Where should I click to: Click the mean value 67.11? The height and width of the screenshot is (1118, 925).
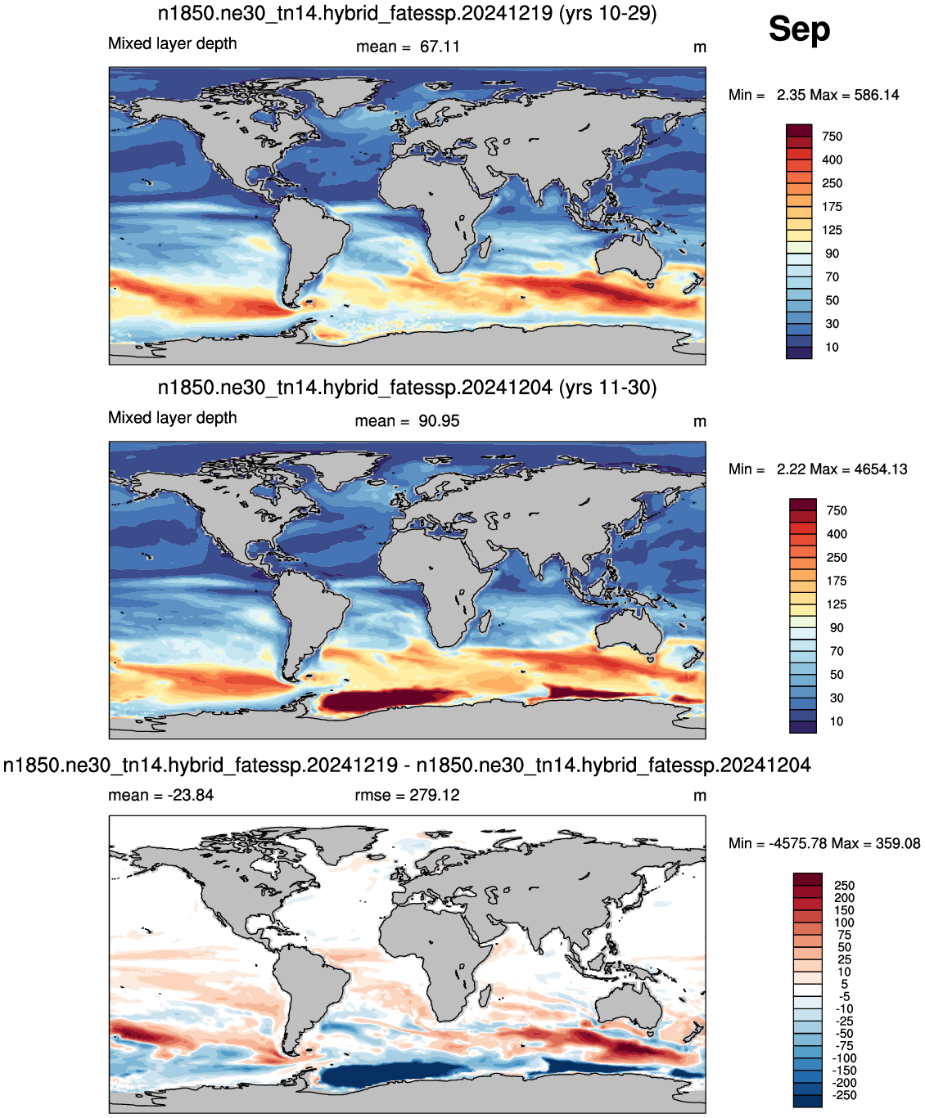tap(440, 47)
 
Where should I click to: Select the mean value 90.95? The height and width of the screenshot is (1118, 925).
tap(439, 421)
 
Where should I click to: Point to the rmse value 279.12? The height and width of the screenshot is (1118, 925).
tap(434, 795)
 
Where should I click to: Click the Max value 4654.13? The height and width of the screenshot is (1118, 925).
tap(881, 469)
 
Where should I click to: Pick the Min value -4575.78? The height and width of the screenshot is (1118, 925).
tap(797, 843)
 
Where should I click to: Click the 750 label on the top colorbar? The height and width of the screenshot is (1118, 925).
tap(832, 137)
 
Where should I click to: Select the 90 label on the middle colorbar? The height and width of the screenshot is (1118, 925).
tap(836, 628)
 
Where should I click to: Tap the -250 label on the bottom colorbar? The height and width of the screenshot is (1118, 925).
tap(844, 1095)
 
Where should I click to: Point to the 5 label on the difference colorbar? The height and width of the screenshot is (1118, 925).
tap(844, 984)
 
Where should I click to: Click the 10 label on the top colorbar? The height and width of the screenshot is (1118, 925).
tap(832, 347)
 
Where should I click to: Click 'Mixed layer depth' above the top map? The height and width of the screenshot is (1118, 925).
tap(172, 43)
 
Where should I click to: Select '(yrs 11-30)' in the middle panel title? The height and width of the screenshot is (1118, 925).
tap(607, 387)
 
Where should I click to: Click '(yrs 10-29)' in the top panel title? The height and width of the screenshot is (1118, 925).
tap(607, 13)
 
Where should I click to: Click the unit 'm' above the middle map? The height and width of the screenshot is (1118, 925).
tap(699, 422)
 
